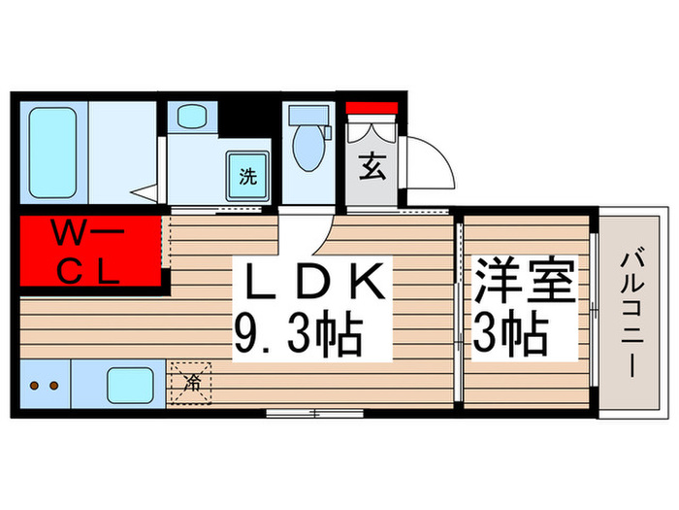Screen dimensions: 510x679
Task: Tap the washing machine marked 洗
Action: click(x=247, y=177)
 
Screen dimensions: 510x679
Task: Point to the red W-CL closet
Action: click(x=88, y=252)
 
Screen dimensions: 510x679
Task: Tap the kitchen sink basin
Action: click(x=129, y=386)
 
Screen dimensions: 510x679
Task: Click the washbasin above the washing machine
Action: click(x=187, y=119)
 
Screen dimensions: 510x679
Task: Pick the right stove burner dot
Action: click(x=55, y=386)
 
